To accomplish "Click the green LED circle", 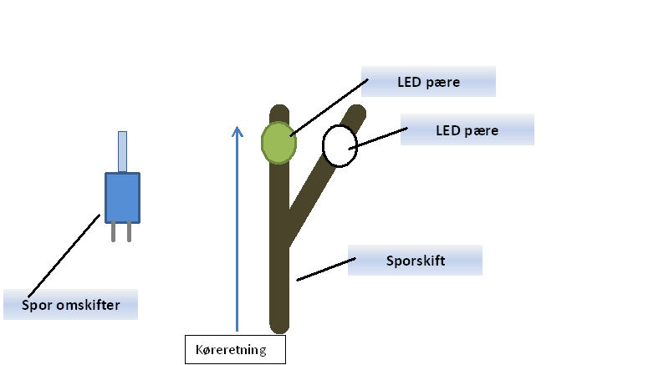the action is pos(278,143).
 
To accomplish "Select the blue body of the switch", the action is pos(122,198).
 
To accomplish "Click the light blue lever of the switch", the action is pos(122,152).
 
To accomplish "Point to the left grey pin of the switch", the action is pos(113,232).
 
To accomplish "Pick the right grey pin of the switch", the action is pos(130,232).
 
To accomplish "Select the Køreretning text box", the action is pos(235,349).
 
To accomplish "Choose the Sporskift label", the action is pos(415,261).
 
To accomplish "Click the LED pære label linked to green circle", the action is pos(428,81).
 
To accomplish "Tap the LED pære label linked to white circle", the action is pos(467,129).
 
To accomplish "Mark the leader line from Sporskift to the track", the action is pos(326,269).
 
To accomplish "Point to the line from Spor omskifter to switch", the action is pos(64,256).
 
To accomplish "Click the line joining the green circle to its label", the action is pos(329,107).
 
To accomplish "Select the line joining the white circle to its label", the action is pos(378,138).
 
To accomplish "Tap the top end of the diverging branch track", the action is pos(357,111).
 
